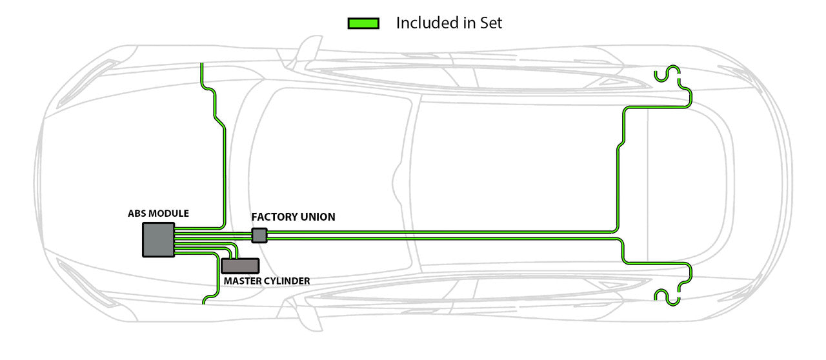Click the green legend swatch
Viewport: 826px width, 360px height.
click(363, 23)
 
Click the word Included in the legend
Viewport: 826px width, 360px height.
click(427, 23)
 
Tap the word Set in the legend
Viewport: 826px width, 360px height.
click(490, 23)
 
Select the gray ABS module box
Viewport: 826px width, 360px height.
click(158, 240)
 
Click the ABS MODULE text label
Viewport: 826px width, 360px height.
click(158, 213)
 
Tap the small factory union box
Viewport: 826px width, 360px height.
click(259, 235)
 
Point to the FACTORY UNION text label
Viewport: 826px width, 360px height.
click(293, 217)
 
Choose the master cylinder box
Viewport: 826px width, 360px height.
click(240, 265)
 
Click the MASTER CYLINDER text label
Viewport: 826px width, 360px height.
click(267, 281)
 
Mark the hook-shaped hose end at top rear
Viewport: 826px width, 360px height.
click(667, 74)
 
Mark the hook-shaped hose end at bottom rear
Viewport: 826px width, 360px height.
click(667, 295)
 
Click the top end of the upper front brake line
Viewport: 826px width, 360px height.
click(202, 65)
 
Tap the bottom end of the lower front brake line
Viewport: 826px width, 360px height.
click(205, 302)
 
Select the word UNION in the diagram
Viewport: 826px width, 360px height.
click(317, 217)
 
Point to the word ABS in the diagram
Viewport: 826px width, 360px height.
click(136, 213)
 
